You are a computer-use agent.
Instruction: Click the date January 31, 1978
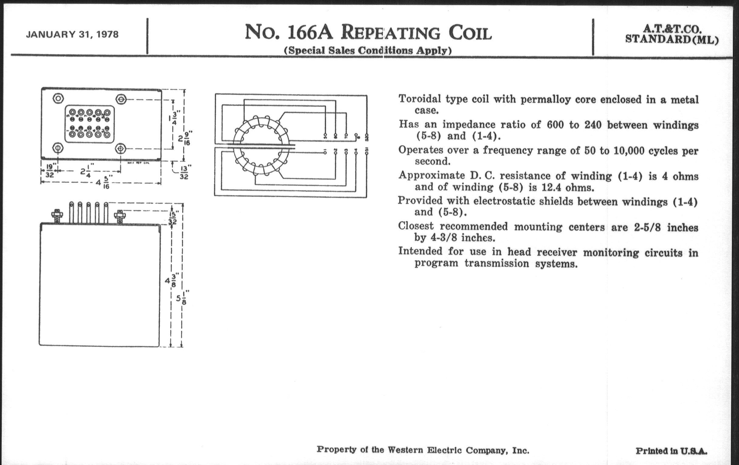pos(72,34)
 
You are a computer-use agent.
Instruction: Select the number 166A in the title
pos(310,33)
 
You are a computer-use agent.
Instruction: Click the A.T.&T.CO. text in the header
pos(672,29)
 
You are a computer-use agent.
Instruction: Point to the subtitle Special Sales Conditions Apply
pos(368,50)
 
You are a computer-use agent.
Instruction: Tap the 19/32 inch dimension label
pos(50,171)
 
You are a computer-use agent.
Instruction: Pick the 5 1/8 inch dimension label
pos(181,298)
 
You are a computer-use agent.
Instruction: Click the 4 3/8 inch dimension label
pos(170,281)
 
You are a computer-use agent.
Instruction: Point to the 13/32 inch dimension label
pos(184,172)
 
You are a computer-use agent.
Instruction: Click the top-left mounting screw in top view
pos(58,99)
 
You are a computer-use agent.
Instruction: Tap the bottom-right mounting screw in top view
pos(121,149)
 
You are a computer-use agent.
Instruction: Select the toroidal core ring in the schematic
pos(261,145)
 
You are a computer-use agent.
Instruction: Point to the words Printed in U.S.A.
pos(671,451)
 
